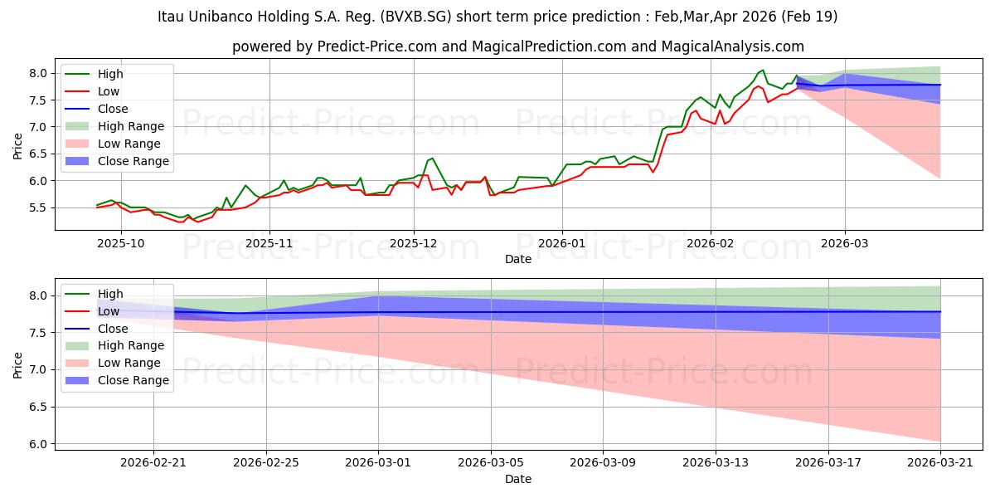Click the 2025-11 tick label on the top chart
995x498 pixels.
pyautogui.click(x=269, y=243)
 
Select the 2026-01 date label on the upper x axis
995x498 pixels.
pyautogui.click(x=562, y=243)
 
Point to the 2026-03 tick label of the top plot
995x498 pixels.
pyautogui.click(x=844, y=243)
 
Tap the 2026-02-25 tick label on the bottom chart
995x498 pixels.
pyautogui.click(x=266, y=463)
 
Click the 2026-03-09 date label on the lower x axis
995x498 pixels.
pyautogui.click(x=603, y=463)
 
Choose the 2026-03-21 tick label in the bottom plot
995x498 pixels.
pyautogui.click(x=940, y=463)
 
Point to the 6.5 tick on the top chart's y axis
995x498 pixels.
pyautogui.click(x=38, y=154)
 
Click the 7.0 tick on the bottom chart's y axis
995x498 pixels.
pyautogui.click(x=38, y=369)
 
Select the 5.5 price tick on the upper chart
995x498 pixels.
pyautogui.click(x=38, y=207)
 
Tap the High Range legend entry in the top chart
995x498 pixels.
pyautogui.click(x=114, y=126)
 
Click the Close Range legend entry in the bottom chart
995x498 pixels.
pyautogui.click(x=117, y=380)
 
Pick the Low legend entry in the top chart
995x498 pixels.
pyautogui.click(x=92, y=91)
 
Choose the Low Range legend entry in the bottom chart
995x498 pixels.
pyautogui.click(x=113, y=363)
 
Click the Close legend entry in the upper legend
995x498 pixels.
pyautogui.click(x=96, y=109)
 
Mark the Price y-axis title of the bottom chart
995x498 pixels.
pyautogui.click(x=17, y=365)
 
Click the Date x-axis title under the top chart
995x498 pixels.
pyautogui.click(x=518, y=259)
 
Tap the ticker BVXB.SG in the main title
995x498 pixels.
pyautogui.click(x=415, y=17)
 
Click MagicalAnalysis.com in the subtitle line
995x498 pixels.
pyautogui.click(x=732, y=46)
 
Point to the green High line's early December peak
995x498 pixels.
pyautogui.click(x=432, y=158)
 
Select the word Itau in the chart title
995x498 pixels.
pyautogui.click(x=171, y=17)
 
